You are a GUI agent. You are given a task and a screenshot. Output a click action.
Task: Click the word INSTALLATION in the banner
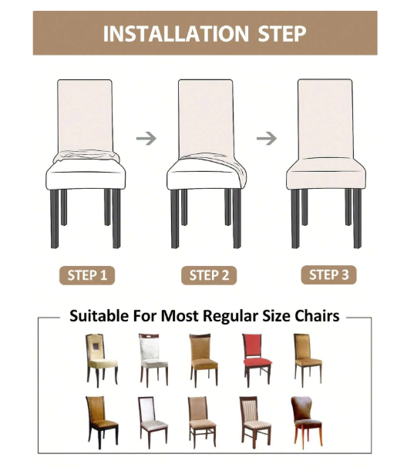(176, 34)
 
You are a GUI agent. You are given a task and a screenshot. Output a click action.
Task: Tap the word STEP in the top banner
(282, 34)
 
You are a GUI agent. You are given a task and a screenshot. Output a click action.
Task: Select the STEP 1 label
(87, 275)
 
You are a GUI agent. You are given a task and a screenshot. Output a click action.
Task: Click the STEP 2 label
(209, 275)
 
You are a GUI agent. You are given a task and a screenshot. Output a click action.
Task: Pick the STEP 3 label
(328, 274)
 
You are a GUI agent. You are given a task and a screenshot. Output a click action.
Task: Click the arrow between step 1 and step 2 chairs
(146, 139)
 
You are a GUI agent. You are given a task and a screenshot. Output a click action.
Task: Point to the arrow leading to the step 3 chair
(267, 139)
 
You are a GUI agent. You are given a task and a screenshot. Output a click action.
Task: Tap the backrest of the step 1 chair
(85, 115)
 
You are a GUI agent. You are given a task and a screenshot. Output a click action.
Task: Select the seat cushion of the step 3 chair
(325, 174)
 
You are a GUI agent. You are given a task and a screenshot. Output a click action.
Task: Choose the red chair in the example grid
(257, 360)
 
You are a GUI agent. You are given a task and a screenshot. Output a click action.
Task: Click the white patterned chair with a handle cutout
(153, 360)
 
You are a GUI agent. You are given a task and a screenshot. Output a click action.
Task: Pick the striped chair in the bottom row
(255, 422)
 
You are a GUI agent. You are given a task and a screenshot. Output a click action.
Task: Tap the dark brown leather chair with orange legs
(307, 422)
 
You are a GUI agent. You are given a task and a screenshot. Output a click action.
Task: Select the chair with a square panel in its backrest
(101, 360)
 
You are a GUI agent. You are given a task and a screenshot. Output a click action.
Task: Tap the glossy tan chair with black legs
(102, 422)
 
